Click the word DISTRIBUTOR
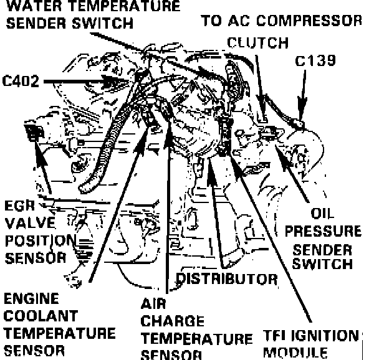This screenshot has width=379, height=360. pyautogui.click(x=226, y=277)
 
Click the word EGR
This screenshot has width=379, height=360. pyautogui.click(x=19, y=205)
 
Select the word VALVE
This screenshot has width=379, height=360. pyautogui.click(x=26, y=222)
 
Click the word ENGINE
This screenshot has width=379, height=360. pyautogui.click(x=31, y=298)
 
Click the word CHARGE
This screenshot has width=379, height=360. pyautogui.click(x=172, y=322)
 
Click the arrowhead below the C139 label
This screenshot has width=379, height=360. pyautogui.click(x=301, y=113)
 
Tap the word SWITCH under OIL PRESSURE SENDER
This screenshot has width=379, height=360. pyautogui.click(x=322, y=264)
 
